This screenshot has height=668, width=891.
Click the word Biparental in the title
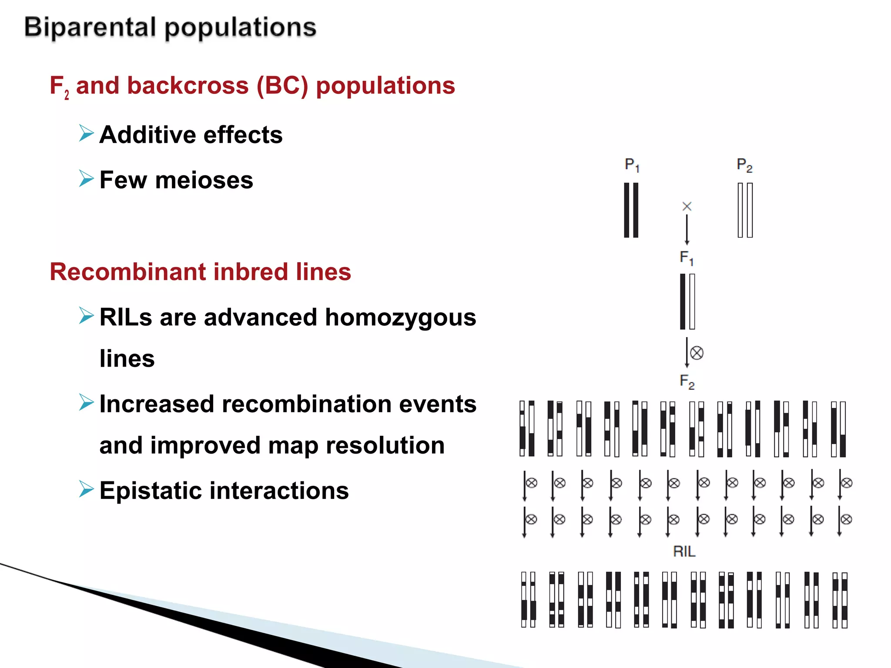tap(90, 27)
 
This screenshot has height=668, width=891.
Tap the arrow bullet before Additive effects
tap(86, 133)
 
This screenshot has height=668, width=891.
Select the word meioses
tap(204, 180)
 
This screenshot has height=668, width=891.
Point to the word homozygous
tap(400, 317)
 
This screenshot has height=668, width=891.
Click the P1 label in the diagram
tap(632, 165)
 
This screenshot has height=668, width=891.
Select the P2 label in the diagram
tap(744, 165)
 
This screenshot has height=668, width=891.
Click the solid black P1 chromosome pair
tap(631, 210)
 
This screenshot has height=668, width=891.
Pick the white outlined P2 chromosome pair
tap(745, 210)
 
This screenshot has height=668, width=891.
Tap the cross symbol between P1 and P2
tap(687, 206)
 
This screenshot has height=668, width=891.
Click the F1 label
tap(686, 257)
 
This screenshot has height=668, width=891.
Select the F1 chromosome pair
tap(687, 301)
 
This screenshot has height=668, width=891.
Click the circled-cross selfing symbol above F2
tap(697, 353)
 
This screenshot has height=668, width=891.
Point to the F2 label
tap(687, 381)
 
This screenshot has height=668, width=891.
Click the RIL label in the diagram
tap(684, 551)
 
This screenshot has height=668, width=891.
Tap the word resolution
tap(385, 445)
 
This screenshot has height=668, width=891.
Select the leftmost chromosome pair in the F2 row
tap(527, 428)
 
